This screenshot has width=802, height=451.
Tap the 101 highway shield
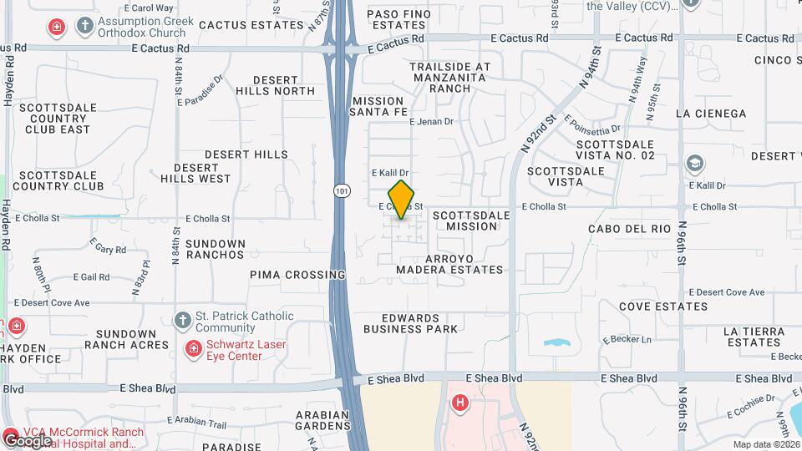coord(341,191)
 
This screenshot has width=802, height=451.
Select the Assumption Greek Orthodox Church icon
coord(84,26)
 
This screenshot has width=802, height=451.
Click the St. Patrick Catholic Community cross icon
coord(183,321)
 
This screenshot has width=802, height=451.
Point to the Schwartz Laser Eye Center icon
coord(193,347)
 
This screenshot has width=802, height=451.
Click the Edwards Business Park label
coord(410,323)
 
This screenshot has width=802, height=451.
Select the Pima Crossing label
coord(297,275)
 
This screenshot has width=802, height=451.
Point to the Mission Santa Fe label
coord(378,106)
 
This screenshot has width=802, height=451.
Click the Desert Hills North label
coord(275,85)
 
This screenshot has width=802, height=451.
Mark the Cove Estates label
coord(663,307)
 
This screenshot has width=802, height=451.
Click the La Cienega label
coord(710,114)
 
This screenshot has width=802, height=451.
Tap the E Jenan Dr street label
coord(431,122)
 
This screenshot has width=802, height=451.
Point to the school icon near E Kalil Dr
coord(694,164)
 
